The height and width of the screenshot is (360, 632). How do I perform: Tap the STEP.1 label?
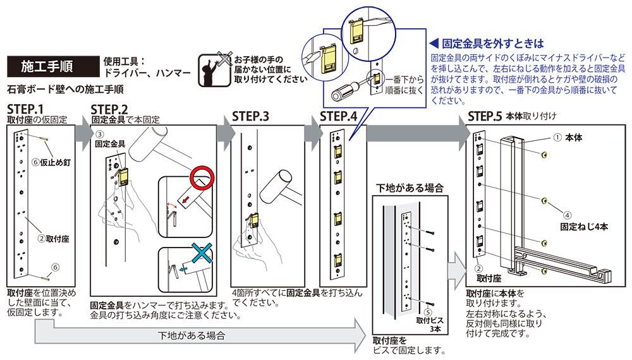point(26,108)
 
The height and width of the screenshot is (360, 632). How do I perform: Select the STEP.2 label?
point(109,108)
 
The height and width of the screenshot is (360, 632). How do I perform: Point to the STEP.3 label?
point(250,116)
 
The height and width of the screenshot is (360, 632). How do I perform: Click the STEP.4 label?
point(338,116)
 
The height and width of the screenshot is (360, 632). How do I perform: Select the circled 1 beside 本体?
point(557,136)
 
